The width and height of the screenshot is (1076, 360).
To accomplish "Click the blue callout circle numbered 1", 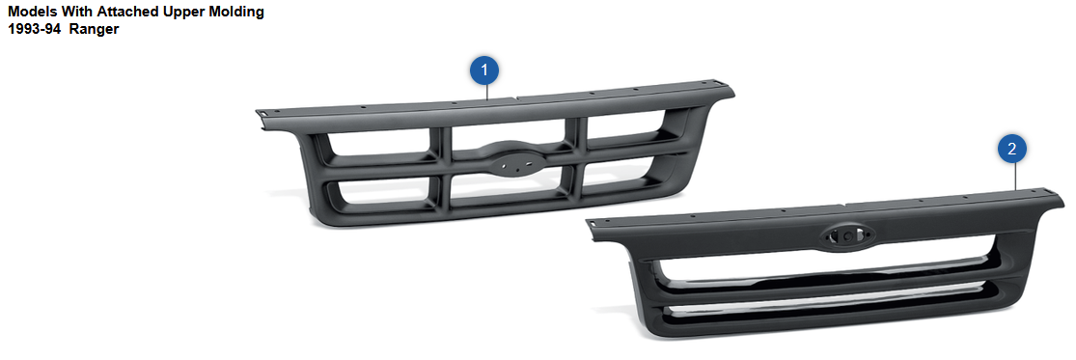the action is [485, 69].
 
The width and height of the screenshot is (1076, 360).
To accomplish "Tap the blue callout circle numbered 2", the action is [1012, 149].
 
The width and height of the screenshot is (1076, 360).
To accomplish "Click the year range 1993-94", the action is [35, 30].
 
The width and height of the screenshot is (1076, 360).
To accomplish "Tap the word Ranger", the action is [94, 31].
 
